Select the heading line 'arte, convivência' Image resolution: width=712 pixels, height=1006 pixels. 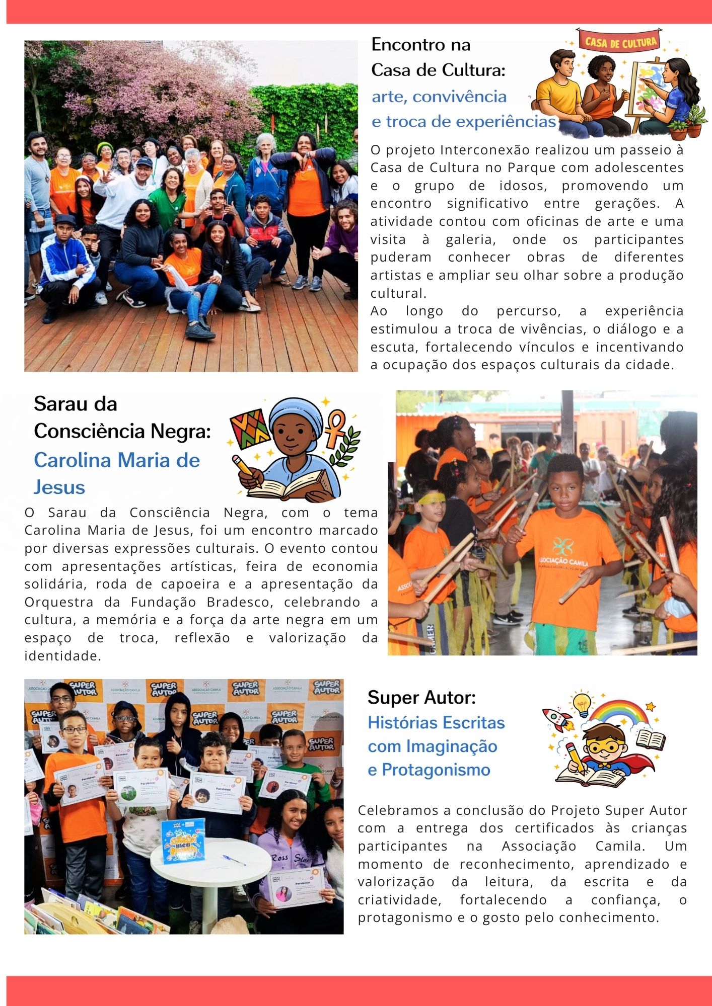click(x=439, y=96)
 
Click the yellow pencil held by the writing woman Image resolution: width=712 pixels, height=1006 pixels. click(x=244, y=468)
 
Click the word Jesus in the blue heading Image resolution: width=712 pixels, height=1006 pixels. click(x=59, y=487)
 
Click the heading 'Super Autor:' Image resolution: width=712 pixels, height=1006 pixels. click(x=421, y=698)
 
